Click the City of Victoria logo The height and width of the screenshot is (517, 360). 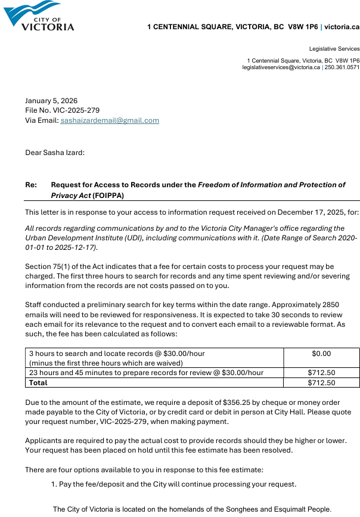pos(39,16)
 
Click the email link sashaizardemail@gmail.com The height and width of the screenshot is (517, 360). pos(110,120)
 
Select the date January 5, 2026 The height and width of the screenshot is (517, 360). pos(51,101)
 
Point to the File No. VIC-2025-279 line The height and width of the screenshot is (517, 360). pos(62,110)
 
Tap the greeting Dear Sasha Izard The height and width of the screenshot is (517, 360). pos(55,153)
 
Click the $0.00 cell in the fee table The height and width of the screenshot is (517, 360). pos(321,354)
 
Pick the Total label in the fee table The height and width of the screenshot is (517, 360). pos(38,383)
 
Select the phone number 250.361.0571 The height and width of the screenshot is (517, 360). pos(342,67)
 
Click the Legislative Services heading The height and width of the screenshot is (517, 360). pos(334,49)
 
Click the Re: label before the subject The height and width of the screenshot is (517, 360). pos(31,185)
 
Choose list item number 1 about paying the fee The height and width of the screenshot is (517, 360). pos(173,484)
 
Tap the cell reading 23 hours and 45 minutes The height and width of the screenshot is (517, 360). pos(146,373)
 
